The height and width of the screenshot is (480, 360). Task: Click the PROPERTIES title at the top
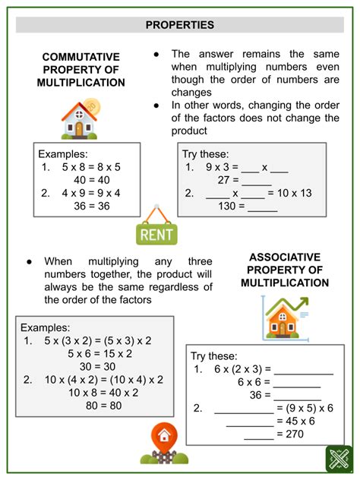click(180, 25)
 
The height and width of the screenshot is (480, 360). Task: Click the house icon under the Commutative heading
click(79, 118)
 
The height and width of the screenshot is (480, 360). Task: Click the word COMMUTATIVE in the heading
click(81, 57)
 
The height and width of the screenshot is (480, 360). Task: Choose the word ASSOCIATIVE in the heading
click(285, 257)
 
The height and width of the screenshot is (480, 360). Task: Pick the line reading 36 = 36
click(93, 206)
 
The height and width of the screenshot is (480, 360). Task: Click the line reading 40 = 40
click(93, 180)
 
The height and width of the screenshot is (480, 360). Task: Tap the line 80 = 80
click(93, 406)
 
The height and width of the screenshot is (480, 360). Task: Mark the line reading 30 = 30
click(93, 367)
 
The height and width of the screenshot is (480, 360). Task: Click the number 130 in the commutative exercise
click(226, 206)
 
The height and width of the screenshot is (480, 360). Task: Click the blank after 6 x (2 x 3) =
click(304, 370)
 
